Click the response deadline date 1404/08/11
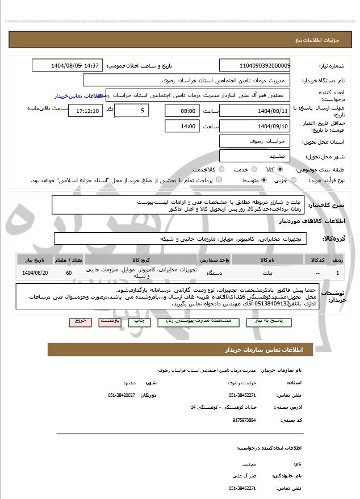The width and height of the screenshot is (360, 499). [x=254, y=110]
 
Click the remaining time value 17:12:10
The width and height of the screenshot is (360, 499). [x=85, y=111]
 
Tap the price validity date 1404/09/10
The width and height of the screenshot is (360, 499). [x=254, y=126]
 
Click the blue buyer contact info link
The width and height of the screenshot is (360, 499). [x=79, y=96]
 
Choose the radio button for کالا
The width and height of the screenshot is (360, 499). [x=280, y=169]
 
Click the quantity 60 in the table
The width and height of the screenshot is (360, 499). [x=69, y=273]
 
